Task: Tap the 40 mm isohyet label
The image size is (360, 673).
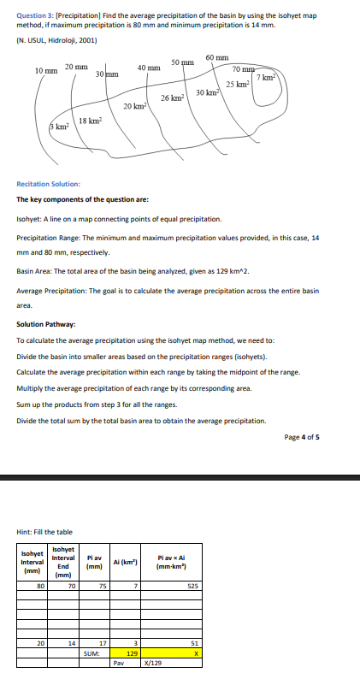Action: pos(148,68)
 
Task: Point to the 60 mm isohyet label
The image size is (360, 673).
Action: pos(216,56)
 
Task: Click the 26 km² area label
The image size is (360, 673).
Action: pos(172,98)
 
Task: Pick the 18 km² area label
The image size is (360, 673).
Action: pos(91,121)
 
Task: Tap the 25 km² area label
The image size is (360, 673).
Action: pos(237,85)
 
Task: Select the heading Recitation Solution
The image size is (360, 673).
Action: pos(49,184)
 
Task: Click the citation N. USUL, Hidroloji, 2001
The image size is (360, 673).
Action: pos(56,39)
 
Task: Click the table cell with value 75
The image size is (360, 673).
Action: pos(102,586)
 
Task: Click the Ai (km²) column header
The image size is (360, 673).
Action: pos(125,561)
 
